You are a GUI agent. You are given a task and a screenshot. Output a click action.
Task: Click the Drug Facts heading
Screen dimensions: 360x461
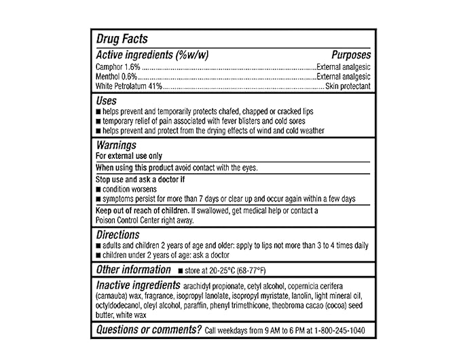tap(122, 39)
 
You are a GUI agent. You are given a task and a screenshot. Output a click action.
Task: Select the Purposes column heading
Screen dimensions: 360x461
tap(351, 54)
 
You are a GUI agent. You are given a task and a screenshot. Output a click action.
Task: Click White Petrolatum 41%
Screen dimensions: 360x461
tap(130, 86)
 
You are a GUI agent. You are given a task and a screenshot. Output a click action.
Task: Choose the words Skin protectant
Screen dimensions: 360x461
tap(348, 86)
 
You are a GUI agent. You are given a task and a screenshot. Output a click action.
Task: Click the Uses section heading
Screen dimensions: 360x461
tap(107, 101)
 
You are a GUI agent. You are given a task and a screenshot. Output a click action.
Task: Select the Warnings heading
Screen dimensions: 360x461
tap(116, 145)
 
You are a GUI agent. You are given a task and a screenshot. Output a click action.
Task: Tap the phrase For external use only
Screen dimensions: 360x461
tap(127, 156)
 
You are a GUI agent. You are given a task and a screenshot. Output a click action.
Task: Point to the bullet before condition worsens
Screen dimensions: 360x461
tap(99, 190)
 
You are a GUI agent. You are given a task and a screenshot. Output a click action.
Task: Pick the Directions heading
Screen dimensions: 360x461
tap(117, 234)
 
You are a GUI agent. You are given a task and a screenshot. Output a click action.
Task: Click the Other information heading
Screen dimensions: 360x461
tap(133, 270)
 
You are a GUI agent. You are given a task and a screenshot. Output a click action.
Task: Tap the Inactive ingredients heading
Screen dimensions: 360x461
tap(138, 285)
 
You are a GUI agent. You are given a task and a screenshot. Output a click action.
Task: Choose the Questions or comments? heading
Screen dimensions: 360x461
tap(149, 329)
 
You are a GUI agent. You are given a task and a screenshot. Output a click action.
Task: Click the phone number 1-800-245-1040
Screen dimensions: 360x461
tap(339, 330)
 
